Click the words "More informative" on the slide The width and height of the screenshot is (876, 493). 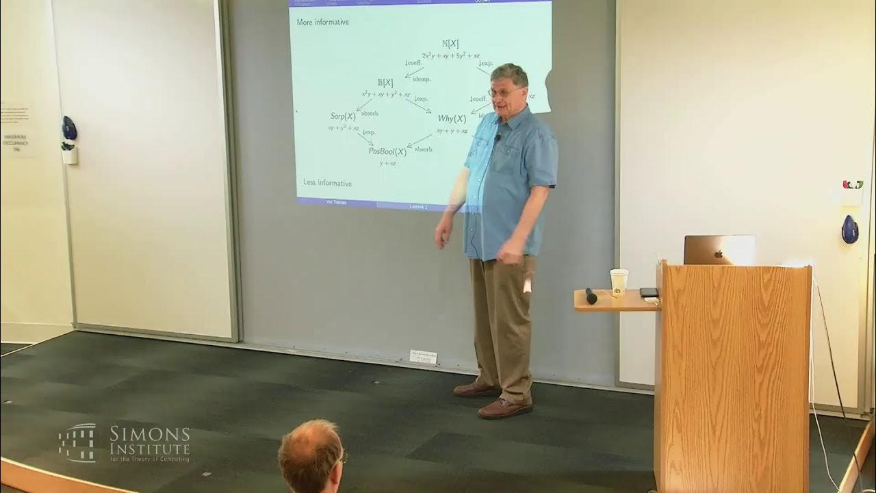coord(322,23)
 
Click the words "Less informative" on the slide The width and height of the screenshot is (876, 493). coord(327,183)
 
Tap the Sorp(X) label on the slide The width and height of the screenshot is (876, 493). coord(343,116)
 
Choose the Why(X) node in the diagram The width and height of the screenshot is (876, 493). coord(452,118)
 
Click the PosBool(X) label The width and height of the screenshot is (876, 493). coord(387,151)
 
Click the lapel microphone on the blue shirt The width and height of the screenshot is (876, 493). coord(498,138)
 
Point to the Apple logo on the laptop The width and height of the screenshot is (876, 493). coord(718,253)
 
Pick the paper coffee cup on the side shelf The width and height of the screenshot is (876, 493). coord(619,281)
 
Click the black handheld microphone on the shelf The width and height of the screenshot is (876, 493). coord(591,296)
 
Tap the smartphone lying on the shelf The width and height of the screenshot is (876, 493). coord(649,292)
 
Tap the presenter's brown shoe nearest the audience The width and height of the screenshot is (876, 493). coord(504,409)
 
